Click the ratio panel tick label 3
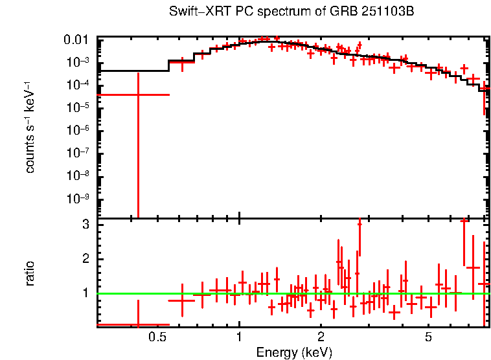tap(84, 225)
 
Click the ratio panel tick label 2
tap(84, 259)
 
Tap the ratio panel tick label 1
tap(84, 293)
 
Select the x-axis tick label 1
tap(239, 337)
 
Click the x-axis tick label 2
tap(321, 337)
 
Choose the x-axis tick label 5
tap(428, 337)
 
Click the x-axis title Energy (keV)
tap(294, 352)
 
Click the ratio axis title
tap(30, 273)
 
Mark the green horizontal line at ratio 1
tap(291, 293)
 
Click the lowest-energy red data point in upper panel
tap(137, 95)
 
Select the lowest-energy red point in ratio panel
tap(137, 324)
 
